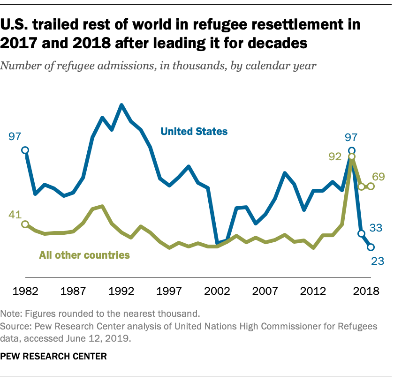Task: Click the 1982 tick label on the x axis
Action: coord(25,291)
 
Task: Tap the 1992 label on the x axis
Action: coord(121,291)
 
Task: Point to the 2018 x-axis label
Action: coord(366,291)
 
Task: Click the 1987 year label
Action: coord(74,291)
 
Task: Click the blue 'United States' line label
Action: coord(194,131)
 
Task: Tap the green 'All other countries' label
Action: coord(84,255)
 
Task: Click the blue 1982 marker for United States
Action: coord(25,150)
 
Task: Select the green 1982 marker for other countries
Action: coord(25,224)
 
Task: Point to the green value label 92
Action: coord(334,157)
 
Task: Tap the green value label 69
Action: coord(378,177)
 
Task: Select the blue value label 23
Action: coord(378,261)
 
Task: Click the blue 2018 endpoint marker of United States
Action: coord(371,247)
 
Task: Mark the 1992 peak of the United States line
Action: coord(122,105)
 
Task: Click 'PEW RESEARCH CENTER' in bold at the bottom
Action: coord(54,356)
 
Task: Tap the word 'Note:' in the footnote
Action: coord(11,313)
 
